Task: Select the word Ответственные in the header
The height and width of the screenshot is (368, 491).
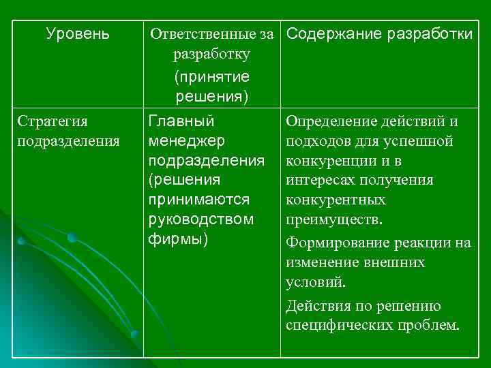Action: pos(189,34)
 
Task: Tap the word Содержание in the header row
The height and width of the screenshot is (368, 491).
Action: pos(322,33)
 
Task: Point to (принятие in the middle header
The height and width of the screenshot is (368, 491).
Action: pos(212,76)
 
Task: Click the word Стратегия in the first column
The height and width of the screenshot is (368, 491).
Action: pos(53,122)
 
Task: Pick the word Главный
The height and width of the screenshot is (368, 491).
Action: pos(181,121)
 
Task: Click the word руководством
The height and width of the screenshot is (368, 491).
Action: pos(200,220)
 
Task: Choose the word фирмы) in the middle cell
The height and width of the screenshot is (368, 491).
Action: pos(178,240)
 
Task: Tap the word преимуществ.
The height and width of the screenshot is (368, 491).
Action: pos(334,221)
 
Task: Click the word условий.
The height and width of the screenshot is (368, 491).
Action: pos(316,281)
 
